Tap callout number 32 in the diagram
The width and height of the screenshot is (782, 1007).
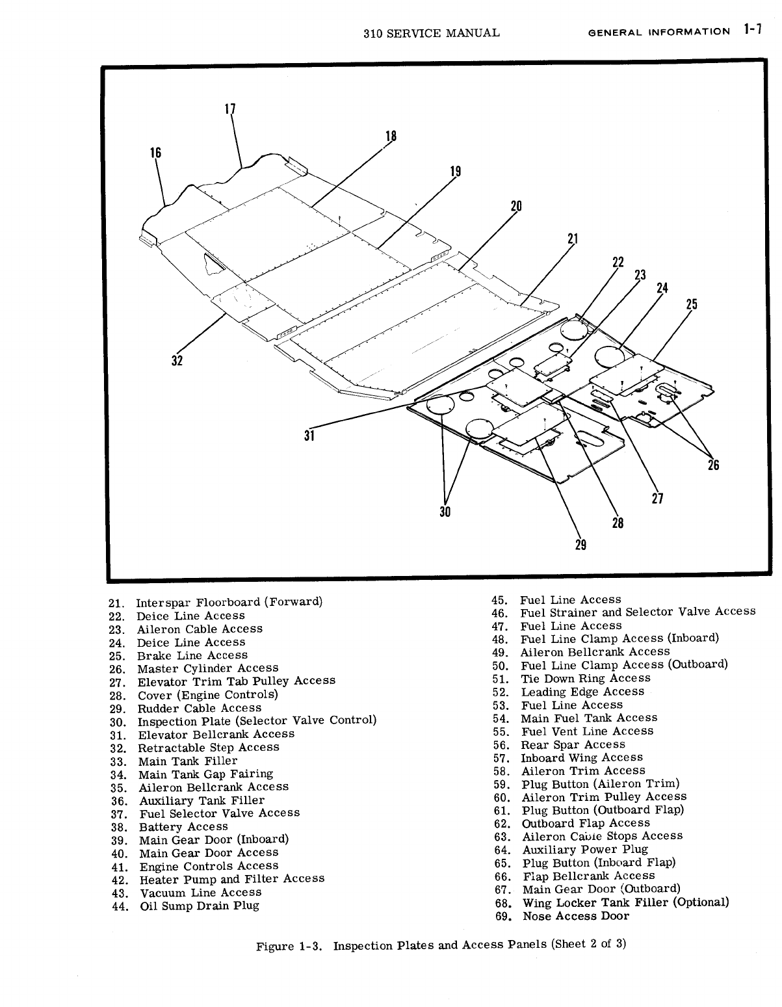click(x=177, y=360)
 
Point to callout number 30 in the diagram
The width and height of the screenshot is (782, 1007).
click(x=445, y=511)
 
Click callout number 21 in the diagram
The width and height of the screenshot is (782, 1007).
click(x=573, y=239)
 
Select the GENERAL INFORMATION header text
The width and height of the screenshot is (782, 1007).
click(x=658, y=32)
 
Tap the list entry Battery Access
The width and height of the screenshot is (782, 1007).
click(x=183, y=827)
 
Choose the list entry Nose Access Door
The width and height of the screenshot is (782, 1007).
click(x=575, y=916)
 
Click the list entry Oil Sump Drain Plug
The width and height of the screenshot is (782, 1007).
click(x=199, y=906)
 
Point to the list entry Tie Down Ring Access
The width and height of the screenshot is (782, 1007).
click(x=585, y=678)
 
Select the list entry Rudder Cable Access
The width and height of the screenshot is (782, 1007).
click(x=199, y=708)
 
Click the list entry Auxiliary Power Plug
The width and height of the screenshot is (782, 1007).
click(x=585, y=849)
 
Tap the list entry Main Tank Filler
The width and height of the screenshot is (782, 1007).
click(x=187, y=761)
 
